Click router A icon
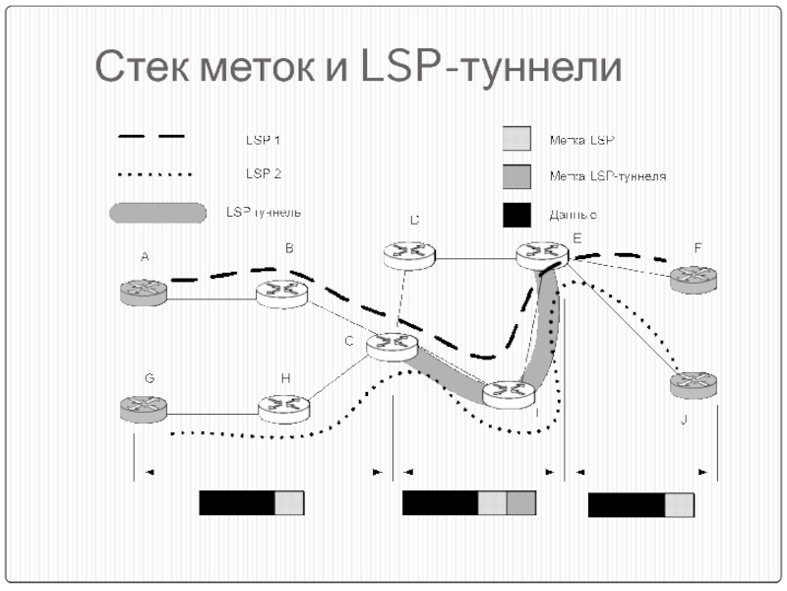pos(145,291)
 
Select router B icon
pos(283,292)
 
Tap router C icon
pos(393,345)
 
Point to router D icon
pos(409,254)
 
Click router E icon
pos(543,254)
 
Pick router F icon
pos(694,278)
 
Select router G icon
pos(146,407)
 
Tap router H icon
pos(283,406)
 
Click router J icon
pos(694,383)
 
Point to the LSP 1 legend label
pos(263,141)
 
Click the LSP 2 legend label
pos(263,174)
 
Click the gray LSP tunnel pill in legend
pos(157,212)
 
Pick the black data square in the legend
pos(516,213)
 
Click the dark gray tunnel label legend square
pos(516,175)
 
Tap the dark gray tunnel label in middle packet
pos(521,503)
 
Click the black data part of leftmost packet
pos(236,503)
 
